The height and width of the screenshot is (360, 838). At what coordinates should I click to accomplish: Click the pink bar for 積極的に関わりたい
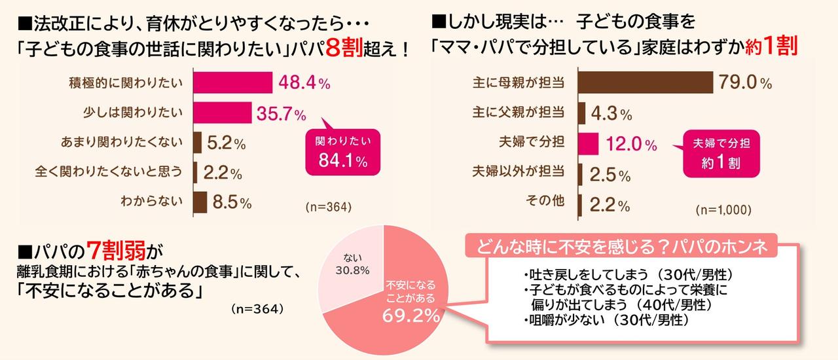click(x=233, y=82)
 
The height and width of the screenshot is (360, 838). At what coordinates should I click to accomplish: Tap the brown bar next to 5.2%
click(x=198, y=143)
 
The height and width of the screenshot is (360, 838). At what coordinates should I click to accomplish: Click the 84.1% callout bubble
click(x=341, y=151)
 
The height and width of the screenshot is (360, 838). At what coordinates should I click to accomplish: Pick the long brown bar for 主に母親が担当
click(x=647, y=82)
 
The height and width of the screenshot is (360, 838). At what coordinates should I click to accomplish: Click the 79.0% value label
click(x=745, y=83)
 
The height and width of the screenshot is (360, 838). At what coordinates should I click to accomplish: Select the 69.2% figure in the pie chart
click(x=410, y=317)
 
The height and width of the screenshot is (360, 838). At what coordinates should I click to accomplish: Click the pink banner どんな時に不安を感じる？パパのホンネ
click(x=627, y=247)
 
